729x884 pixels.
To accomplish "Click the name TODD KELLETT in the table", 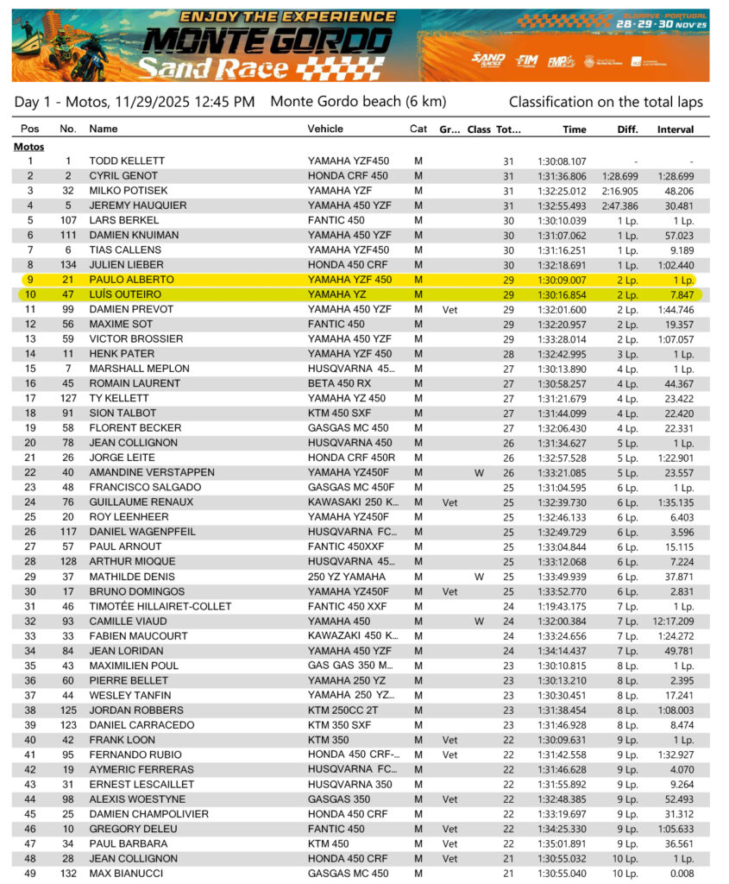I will point(127,161).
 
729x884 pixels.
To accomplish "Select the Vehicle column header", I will point(325,129).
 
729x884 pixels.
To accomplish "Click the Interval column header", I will point(675,129).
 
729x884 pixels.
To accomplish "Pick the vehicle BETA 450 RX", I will point(340,383).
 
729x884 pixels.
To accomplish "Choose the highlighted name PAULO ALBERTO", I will point(131,280).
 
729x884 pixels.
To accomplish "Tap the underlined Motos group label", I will point(29,147).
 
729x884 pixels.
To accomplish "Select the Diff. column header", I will point(627,129).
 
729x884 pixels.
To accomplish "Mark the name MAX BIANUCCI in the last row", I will point(128,874).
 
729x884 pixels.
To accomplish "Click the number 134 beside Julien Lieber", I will point(68,265).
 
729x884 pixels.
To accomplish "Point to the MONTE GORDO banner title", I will point(267,41).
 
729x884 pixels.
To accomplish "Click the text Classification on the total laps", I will point(606,102).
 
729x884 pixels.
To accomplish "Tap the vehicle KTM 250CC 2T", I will point(343,710).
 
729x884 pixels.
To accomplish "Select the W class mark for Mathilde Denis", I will point(478,577).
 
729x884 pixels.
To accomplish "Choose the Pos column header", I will point(30,129).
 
